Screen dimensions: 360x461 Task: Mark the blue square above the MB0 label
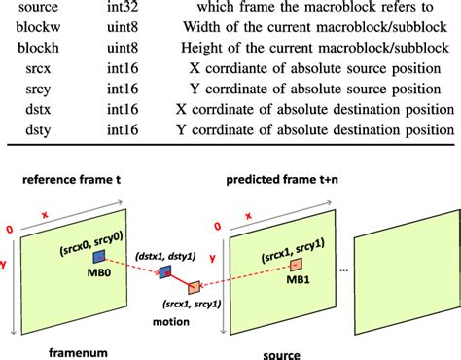pyautogui.click(x=98, y=257)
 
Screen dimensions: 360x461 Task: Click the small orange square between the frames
pyautogui.click(x=195, y=287)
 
